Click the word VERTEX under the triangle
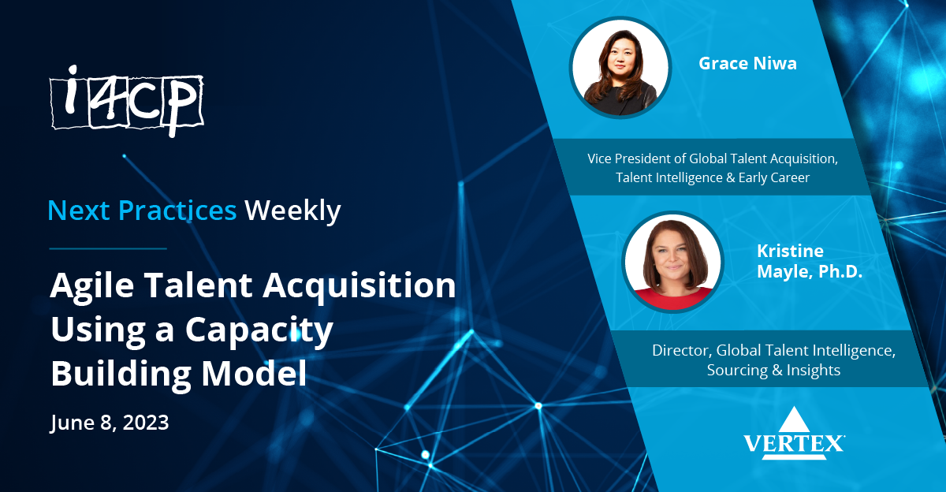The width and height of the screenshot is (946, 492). pyautogui.click(x=794, y=444)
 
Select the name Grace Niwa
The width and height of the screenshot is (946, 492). pyautogui.click(x=747, y=64)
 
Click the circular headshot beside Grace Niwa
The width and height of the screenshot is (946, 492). pyautogui.click(x=620, y=67)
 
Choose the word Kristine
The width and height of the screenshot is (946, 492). pyautogui.click(x=790, y=252)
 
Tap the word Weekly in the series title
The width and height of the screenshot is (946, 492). pyautogui.click(x=292, y=211)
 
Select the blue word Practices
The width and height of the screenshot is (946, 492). pyautogui.click(x=177, y=211)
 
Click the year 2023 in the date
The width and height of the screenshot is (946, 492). pyautogui.click(x=144, y=423)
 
